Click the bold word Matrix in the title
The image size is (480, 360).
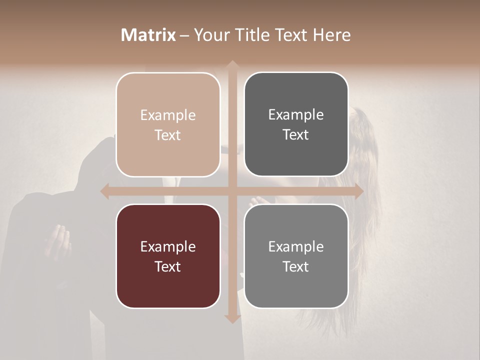148,35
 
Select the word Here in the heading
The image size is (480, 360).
331,35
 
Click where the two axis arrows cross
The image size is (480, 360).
232,191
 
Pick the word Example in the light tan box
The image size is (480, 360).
168,115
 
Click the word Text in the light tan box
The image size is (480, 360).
168,135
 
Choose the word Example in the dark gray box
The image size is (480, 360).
296,115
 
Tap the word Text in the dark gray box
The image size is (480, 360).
296,134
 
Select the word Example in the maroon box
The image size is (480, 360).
168,247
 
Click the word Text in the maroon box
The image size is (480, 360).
168,266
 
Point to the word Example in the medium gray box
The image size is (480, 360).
296,247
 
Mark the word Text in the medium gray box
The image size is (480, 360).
296,266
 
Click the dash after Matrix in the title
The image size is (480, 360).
184,35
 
